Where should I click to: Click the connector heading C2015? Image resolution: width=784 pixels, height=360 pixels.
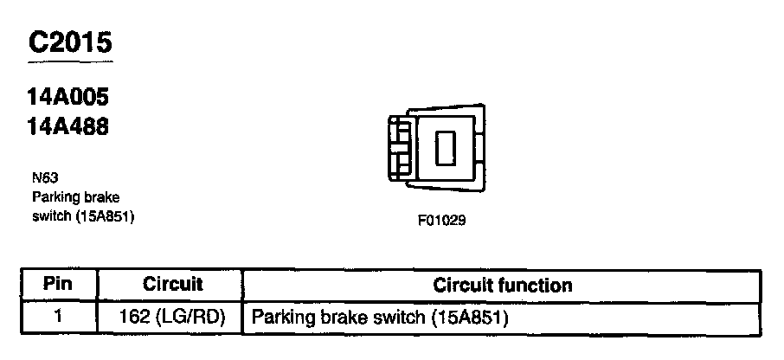pos(70,43)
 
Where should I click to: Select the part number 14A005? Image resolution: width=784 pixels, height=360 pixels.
pos(68,98)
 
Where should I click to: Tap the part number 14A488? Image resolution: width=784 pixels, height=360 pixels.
pos(68,126)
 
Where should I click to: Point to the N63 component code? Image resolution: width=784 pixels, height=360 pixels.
pos(41,178)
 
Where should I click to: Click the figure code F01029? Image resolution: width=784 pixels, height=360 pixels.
pos(441,220)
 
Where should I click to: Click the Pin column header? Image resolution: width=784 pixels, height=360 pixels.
pos(58,284)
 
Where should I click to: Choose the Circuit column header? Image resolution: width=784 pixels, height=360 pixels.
pos(172,284)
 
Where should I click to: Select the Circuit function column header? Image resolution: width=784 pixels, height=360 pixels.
pos(502,284)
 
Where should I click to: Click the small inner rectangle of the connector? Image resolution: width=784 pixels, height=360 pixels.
pos(444,148)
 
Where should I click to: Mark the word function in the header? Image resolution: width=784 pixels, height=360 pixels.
pos(541,284)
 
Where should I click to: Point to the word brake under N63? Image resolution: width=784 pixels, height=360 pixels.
pos(102,197)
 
